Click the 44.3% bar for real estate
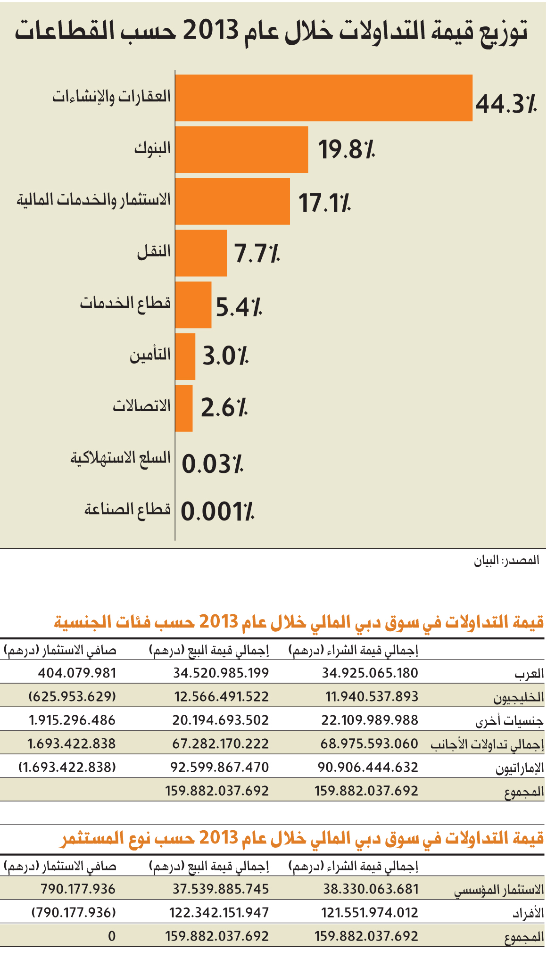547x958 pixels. point(324,98)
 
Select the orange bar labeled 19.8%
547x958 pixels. point(241,149)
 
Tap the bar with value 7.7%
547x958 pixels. point(201,253)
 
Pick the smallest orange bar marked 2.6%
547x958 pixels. point(184,408)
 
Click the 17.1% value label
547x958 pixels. point(325,203)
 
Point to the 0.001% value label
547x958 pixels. point(218,512)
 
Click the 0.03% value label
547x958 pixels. point(213,464)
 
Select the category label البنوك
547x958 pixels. point(152,148)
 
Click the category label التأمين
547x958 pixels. point(150,354)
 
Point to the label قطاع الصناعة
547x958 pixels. point(128,509)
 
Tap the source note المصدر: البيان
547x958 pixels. point(506,560)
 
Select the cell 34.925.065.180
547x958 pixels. point(370,673)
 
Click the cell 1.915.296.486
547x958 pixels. point(72,720)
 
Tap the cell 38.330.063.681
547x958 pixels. point(371,889)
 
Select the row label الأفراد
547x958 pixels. point(528,913)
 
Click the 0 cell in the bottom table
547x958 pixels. point(112,936)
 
